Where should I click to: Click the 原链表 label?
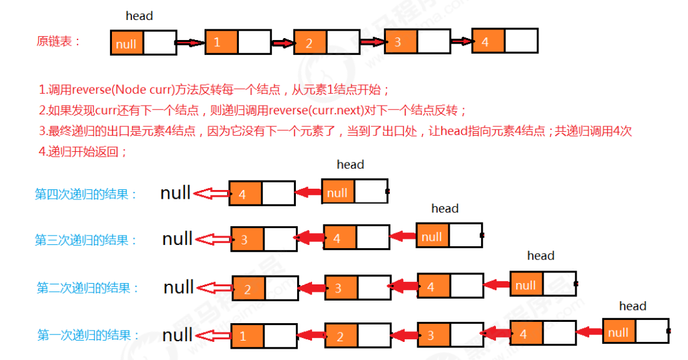[59, 41]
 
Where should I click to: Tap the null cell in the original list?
[127, 43]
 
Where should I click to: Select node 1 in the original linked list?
[221, 42]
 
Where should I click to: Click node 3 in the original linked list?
[400, 42]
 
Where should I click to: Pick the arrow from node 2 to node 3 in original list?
[372, 42]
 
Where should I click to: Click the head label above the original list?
[139, 16]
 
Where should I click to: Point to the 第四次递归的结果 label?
[86, 194]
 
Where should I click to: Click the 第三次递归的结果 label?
[86, 240]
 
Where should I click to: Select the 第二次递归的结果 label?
[88, 287]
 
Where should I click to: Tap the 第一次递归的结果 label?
[88, 335]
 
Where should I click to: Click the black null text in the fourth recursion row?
[175, 193]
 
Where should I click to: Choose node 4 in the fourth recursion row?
[245, 194]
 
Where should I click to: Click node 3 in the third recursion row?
[247, 239]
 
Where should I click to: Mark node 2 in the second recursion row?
[248, 288]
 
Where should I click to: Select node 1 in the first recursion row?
[247, 336]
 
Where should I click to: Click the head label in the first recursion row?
[632, 306]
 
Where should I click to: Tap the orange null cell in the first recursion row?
[619, 332]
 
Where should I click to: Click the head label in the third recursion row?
[445, 208]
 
